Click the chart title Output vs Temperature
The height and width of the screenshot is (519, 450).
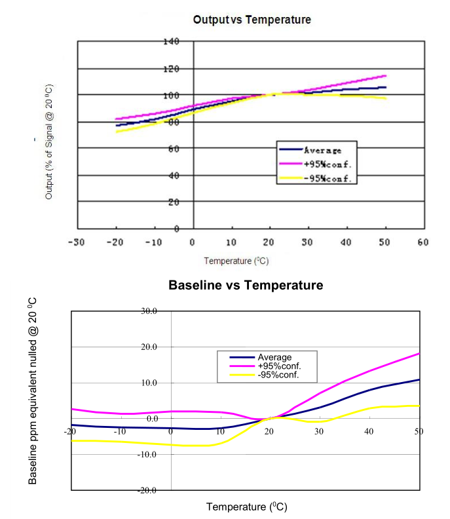tap(252, 20)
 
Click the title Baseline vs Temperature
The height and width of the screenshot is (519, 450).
tap(246, 285)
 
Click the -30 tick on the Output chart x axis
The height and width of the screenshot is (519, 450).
tap(77, 242)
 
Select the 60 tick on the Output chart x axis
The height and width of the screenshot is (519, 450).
tap(422, 242)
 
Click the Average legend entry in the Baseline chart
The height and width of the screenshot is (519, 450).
tap(274, 357)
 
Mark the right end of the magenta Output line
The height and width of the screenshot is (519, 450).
tap(385, 75)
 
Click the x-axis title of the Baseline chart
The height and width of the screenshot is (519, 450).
tap(247, 507)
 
